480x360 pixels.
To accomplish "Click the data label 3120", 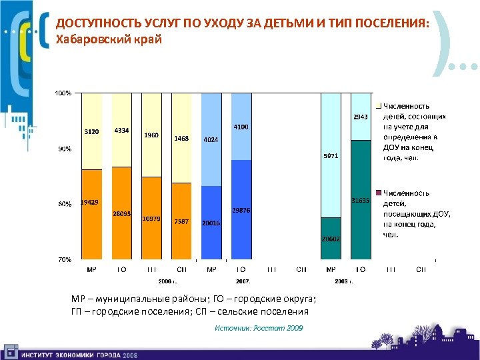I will (x=91, y=132).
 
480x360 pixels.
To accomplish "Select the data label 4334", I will (x=121, y=130).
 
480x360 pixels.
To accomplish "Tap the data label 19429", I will (x=90, y=202).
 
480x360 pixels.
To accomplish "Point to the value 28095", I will (x=121, y=213).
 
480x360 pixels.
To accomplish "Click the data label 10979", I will (x=151, y=219).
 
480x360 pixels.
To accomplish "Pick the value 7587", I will (x=181, y=221).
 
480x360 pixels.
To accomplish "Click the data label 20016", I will (x=211, y=224).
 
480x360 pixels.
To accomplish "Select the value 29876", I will (x=241, y=209).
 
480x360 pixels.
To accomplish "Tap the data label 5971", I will (x=331, y=156).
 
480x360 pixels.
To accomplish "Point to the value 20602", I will (x=331, y=239).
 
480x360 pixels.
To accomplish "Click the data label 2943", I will (x=360, y=117).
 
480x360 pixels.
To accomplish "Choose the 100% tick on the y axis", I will (x=63, y=93).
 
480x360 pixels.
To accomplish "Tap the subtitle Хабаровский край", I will (x=108, y=39).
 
